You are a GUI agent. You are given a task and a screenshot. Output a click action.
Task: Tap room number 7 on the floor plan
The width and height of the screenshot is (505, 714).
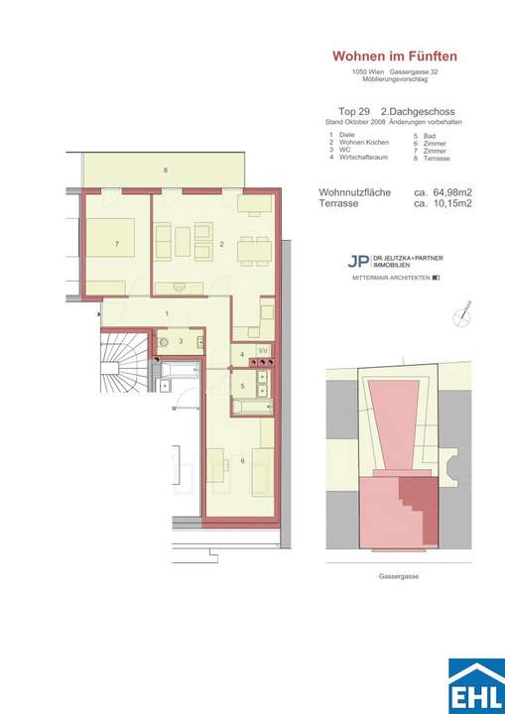click(117, 243)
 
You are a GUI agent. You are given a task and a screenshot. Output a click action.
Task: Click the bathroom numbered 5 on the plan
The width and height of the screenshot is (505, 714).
click(242, 385)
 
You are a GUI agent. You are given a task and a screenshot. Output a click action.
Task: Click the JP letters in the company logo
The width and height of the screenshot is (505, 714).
click(355, 262)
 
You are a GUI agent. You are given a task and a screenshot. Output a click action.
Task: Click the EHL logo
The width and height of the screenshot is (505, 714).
click(475, 685)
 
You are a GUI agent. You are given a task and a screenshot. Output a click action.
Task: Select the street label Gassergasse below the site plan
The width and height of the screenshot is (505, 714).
click(397, 576)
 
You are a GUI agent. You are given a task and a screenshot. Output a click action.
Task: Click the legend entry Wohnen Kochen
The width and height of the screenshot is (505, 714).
click(355, 141)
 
